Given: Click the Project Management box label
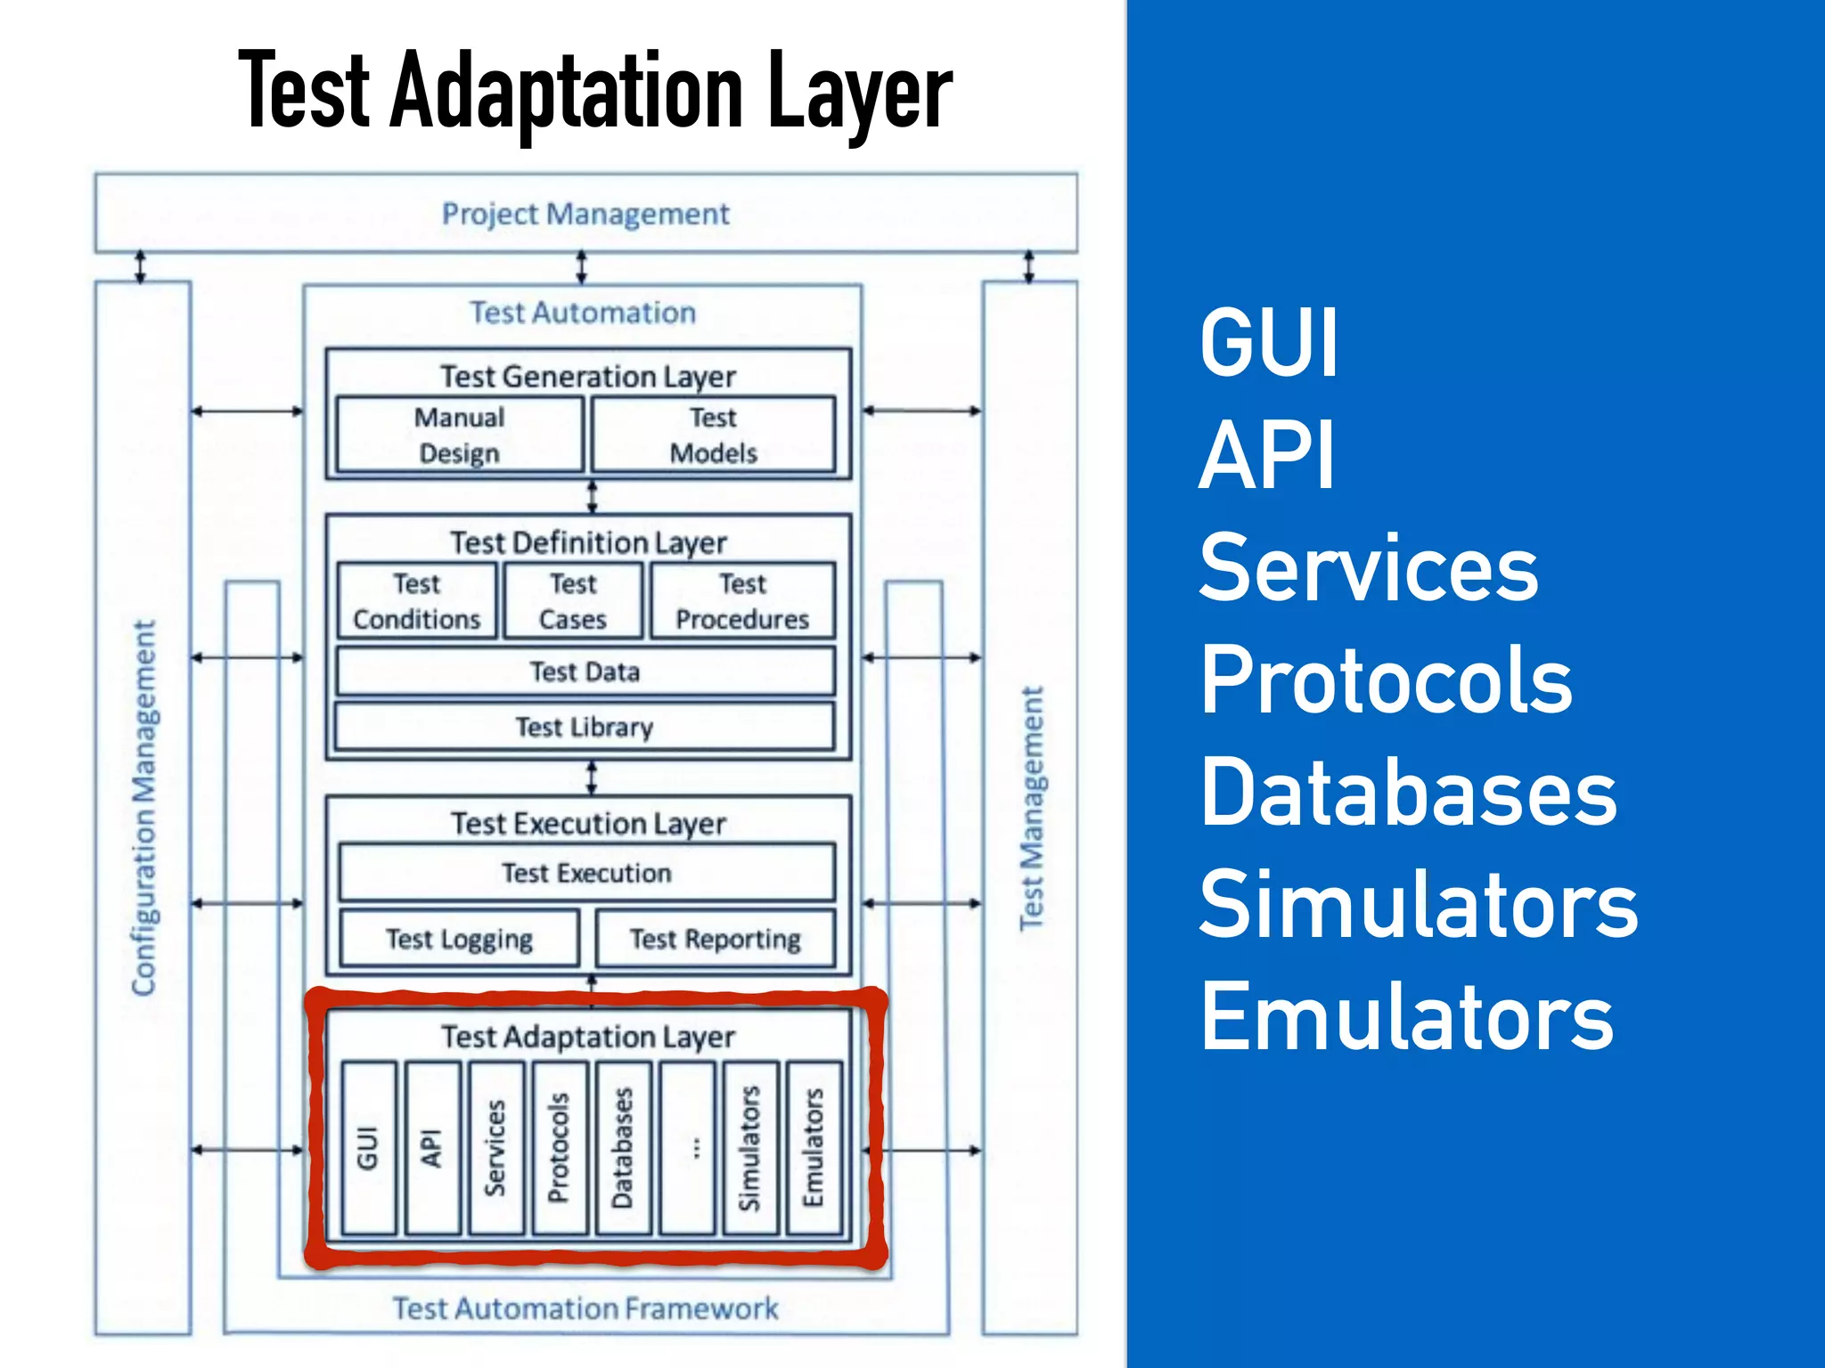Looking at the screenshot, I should (x=585, y=214).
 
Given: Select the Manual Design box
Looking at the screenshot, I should (x=459, y=435).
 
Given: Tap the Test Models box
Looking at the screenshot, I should (x=713, y=435).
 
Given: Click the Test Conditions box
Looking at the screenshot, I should (x=416, y=601).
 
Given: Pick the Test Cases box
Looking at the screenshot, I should (x=573, y=601).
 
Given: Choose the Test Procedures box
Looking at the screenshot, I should (x=742, y=601).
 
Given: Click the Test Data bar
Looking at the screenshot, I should (x=585, y=672).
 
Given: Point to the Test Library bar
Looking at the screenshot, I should (x=585, y=727).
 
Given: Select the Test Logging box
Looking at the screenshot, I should (x=459, y=939).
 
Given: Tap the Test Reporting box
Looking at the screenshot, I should (x=715, y=939).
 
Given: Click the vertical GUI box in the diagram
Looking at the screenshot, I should (x=369, y=1147).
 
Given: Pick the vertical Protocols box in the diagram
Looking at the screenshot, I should (x=559, y=1147).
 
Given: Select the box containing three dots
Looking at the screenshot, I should (x=687, y=1147).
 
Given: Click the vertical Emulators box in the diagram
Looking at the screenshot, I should (x=814, y=1147).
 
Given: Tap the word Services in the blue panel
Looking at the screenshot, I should (x=1368, y=568).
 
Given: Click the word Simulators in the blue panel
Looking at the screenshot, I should (x=1418, y=905).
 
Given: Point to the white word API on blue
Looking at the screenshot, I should (x=1266, y=455).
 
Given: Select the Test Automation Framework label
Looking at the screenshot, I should (x=585, y=1308).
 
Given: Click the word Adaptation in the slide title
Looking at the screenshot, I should (x=566, y=91).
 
